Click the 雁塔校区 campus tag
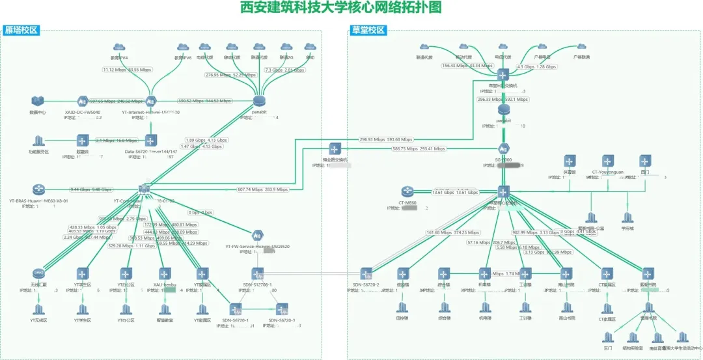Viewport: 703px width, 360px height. (21, 30)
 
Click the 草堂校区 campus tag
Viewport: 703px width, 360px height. (368, 30)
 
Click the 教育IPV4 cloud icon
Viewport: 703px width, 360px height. (118, 48)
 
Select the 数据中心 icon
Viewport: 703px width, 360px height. (38, 101)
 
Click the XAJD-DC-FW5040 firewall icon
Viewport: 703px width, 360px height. (83, 101)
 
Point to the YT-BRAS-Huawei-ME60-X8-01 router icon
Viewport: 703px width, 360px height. (38, 189)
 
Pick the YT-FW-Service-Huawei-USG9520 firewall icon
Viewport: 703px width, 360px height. (258, 234)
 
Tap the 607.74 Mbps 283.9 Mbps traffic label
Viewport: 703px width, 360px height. (263, 189)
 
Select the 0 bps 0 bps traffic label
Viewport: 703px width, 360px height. (200, 212)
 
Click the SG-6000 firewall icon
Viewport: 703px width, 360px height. (504, 148)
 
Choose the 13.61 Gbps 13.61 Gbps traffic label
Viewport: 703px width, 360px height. (456, 193)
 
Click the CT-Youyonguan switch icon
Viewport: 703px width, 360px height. (607, 161)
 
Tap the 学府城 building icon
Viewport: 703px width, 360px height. (627, 217)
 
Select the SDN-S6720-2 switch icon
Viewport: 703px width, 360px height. (366, 274)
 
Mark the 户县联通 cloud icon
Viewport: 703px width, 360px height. (581, 48)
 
